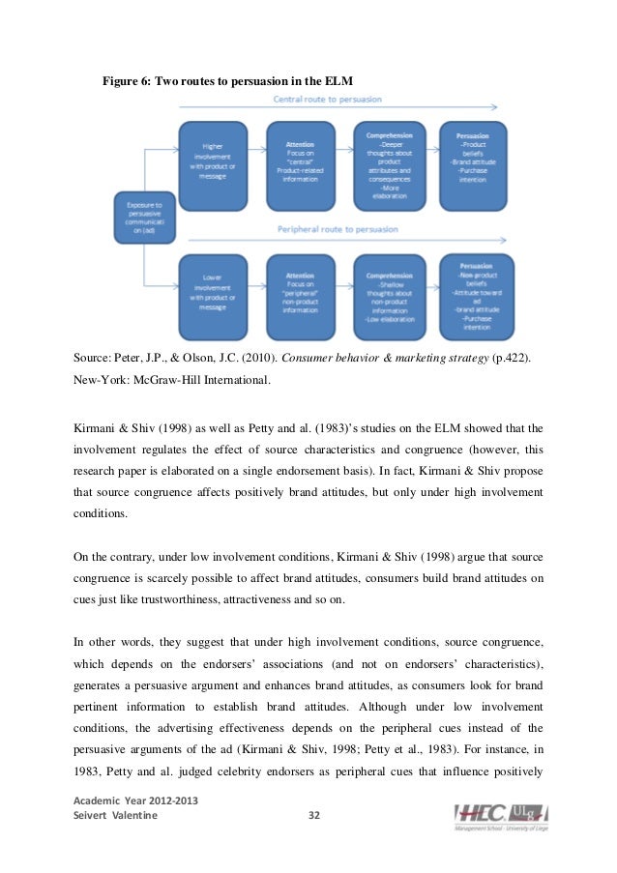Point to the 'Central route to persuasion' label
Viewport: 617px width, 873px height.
[329, 99]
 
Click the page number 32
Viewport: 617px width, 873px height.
[312, 816]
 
